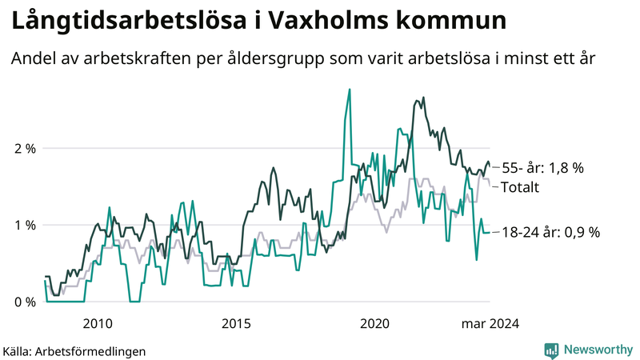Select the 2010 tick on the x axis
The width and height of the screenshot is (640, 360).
[97, 324]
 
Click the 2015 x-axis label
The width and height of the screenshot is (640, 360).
[236, 324]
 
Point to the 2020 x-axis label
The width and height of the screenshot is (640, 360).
[375, 324]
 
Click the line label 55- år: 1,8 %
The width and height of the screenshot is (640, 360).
[542, 169]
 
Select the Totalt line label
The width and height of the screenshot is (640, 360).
[520, 187]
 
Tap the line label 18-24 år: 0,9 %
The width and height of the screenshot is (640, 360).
[550, 232]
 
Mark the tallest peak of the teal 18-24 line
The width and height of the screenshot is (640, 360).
[350, 90]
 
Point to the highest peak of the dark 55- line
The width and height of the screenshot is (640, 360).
[423, 98]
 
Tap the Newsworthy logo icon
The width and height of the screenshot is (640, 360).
[551, 350]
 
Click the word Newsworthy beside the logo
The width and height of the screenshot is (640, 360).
[598, 350]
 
